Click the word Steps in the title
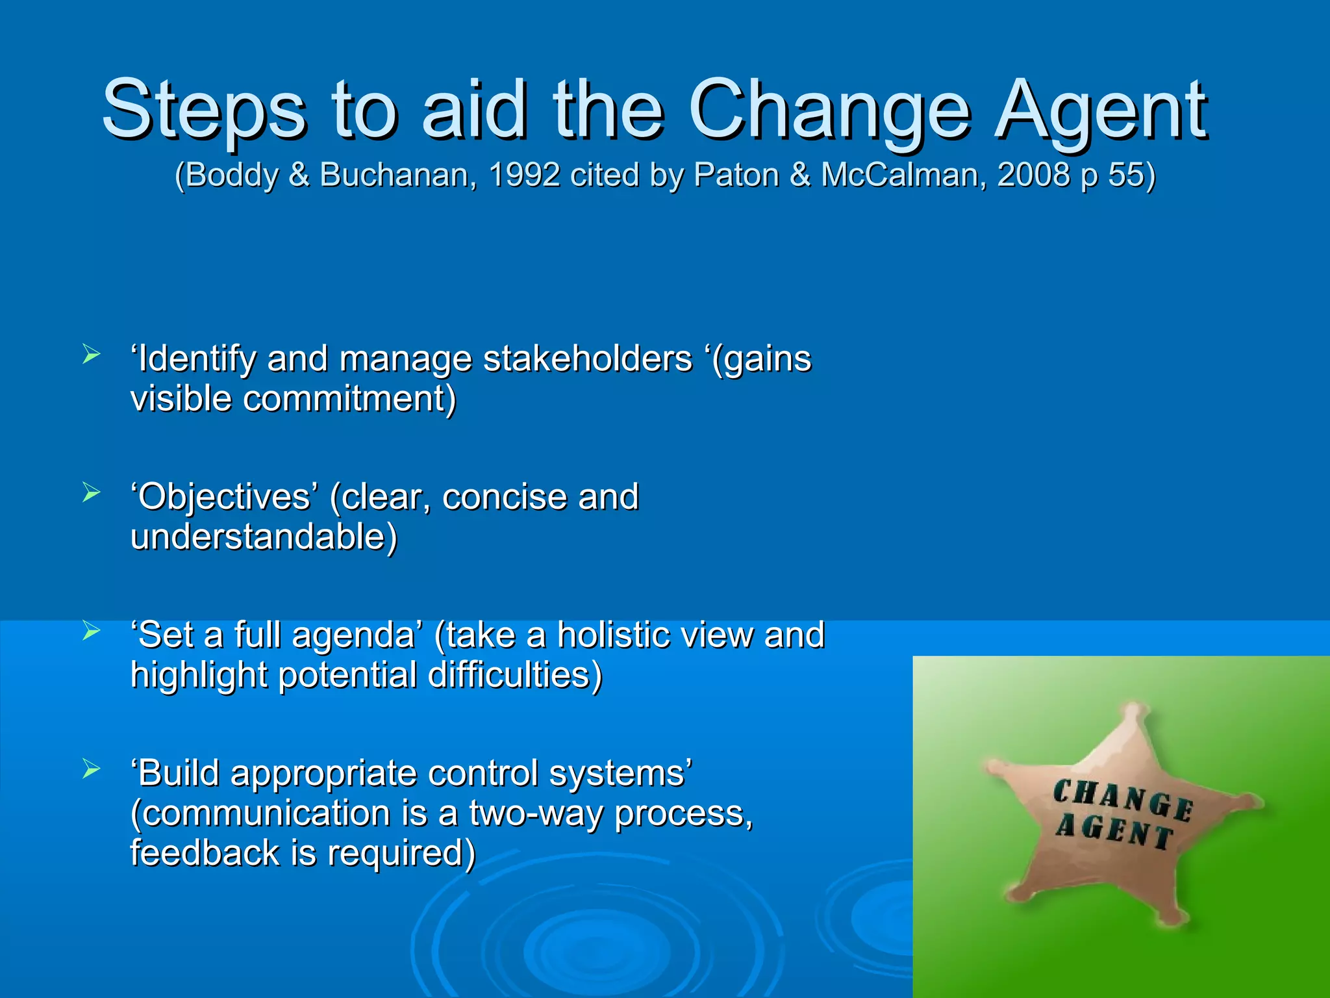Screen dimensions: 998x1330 coord(203,110)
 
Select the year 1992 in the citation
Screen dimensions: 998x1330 coord(524,175)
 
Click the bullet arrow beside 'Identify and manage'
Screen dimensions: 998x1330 coord(92,355)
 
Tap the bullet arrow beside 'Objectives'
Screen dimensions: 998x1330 coord(92,493)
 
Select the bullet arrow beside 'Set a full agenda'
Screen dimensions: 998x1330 coord(92,631)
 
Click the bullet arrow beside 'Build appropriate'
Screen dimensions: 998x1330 coord(92,770)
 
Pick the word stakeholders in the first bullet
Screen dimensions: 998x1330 coord(588,359)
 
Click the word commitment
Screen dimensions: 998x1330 coord(349,399)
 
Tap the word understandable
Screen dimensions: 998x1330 coord(263,537)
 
